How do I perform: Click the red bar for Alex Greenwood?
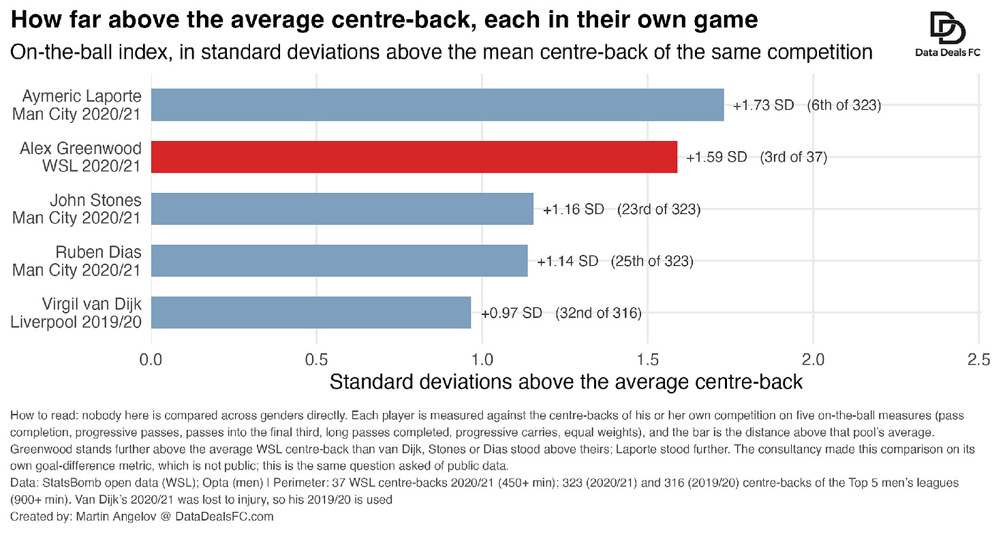click(414, 157)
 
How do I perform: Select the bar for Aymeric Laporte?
click(437, 105)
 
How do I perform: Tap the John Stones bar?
click(342, 209)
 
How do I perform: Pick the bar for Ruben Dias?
click(339, 260)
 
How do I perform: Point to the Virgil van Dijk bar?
click(311, 312)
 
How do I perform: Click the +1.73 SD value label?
click(764, 106)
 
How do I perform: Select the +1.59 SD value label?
click(717, 157)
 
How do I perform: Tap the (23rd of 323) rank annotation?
click(659, 209)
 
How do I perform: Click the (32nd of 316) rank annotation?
click(598, 314)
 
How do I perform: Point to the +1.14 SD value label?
click(568, 262)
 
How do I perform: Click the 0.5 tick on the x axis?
click(317, 359)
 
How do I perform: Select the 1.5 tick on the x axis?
click(648, 359)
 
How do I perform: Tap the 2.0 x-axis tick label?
click(813, 359)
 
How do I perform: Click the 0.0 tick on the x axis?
click(151, 359)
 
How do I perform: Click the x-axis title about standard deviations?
click(566, 382)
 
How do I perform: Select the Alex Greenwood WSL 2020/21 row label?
click(80, 157)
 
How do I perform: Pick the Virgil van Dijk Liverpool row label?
click(76, 313)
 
